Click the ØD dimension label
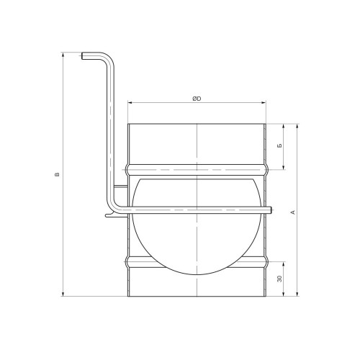pos(197,99)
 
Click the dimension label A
pos(292,212)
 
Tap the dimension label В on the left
pos(57,174)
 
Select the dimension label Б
pos(279,145)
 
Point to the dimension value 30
pos(279,279)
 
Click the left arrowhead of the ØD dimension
pos(130,103)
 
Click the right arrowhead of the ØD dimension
pos(264,103)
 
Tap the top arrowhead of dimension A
pos(297,126)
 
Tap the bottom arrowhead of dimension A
pos(297,294)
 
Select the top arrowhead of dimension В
pos(63,55)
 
